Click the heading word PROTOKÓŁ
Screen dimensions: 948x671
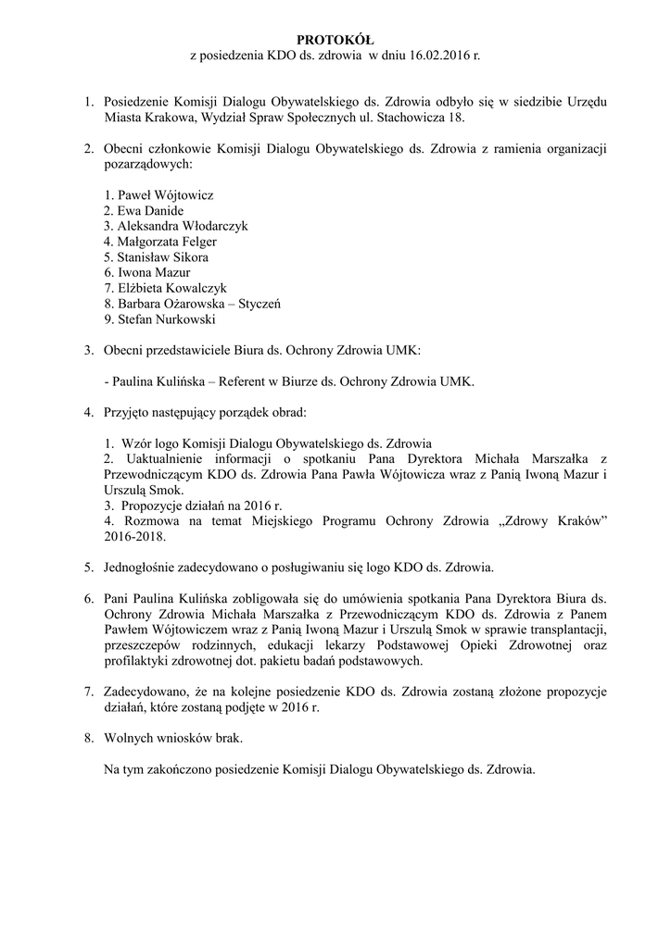pyautogui.click(x=335, y=40)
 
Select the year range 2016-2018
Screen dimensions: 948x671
pyautogui.click(x=136, y=536)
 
